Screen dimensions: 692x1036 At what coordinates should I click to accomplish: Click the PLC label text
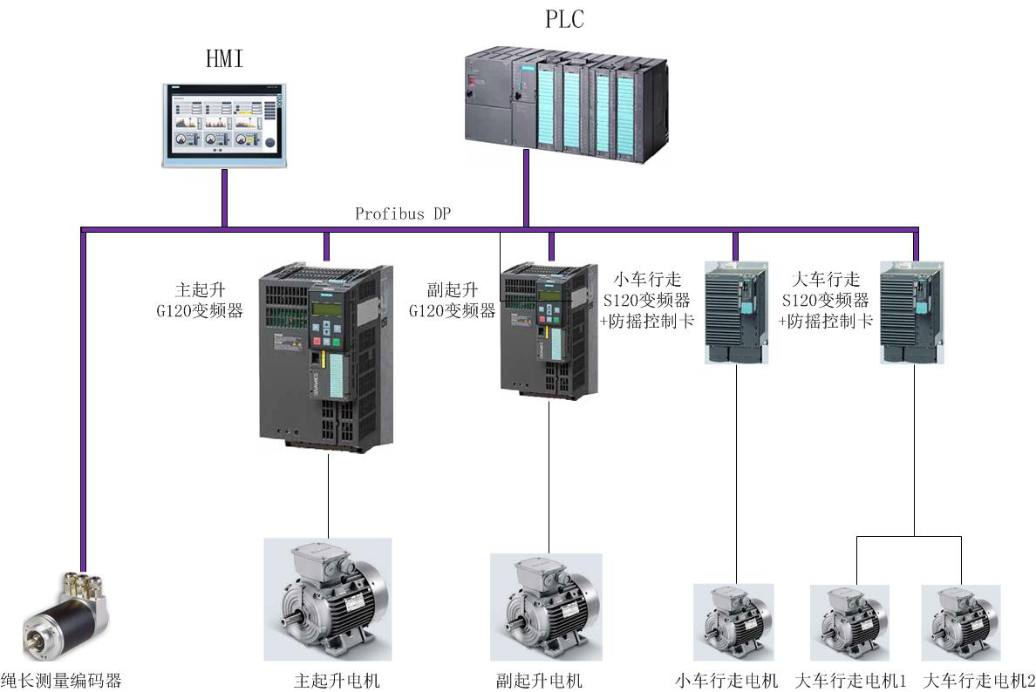[564, 19]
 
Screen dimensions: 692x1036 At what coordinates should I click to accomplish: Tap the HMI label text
[224, 59]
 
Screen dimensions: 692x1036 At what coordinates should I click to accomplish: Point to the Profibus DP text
[403, 214]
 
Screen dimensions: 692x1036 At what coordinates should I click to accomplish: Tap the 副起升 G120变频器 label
[453, 300]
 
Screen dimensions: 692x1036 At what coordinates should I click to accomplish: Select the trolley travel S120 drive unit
[735, 312]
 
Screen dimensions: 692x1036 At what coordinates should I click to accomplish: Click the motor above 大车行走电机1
[849, 622]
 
